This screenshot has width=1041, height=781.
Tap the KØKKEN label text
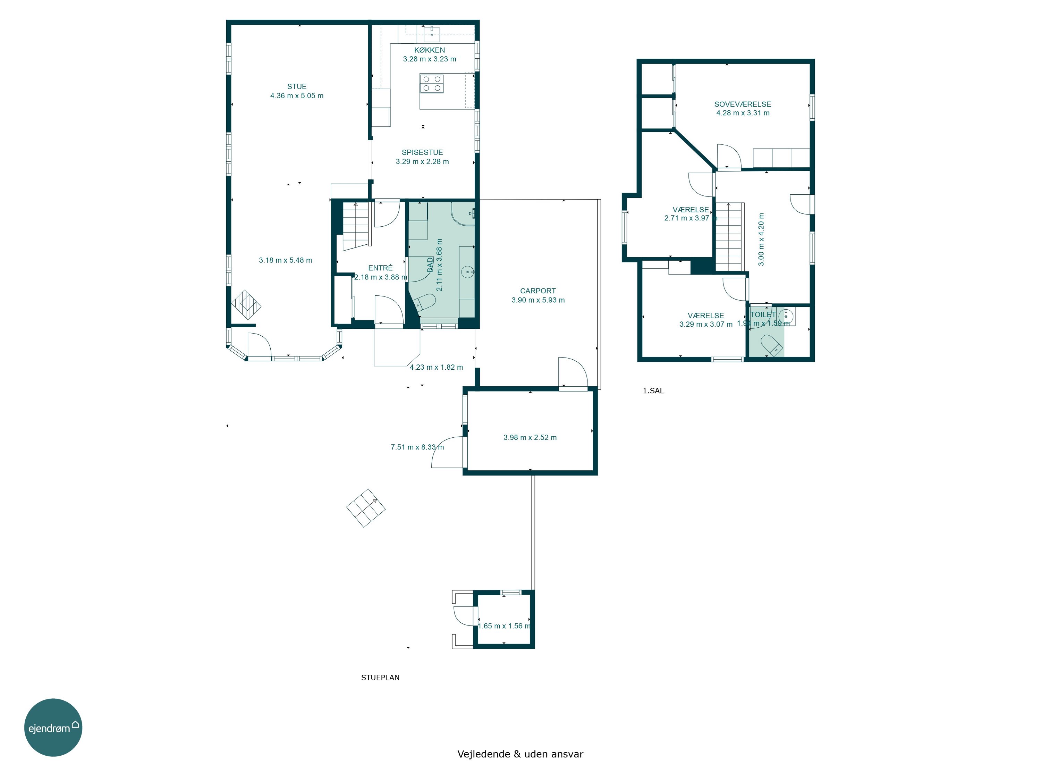[x=429, y=50]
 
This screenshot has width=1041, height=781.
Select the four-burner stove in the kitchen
[x=432, y=84]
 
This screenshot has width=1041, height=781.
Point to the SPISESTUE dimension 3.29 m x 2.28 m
[x=422, y=161]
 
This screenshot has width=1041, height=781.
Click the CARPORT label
[x=538, y=291]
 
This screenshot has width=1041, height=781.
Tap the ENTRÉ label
[x=380, y=268]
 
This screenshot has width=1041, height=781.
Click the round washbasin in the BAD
[x=467, y=272]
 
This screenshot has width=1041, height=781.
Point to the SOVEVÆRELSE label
[x=743, y=104]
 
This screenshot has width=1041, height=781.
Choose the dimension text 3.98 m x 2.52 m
[x=530, y=437]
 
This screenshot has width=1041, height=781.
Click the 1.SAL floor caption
[x=653, y=391]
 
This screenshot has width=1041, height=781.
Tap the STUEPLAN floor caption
[x=380, y=678]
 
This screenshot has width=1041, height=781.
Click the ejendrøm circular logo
[x=53, y=727]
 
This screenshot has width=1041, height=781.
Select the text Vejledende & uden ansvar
[x=520, y=754]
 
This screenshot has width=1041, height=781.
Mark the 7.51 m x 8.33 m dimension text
[x=417, y=447]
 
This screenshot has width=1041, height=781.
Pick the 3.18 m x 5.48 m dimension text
[x=285, y=260]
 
